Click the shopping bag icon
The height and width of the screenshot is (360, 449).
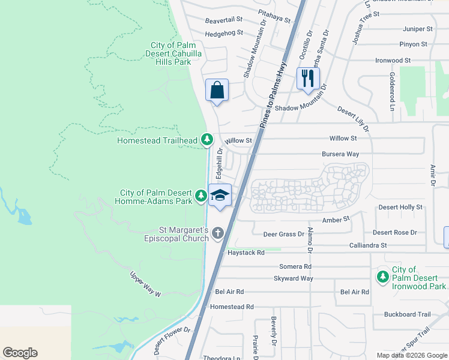click(217, 90)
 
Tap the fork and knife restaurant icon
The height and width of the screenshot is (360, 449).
click(307, 79)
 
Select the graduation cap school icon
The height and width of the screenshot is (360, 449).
click(220, 196)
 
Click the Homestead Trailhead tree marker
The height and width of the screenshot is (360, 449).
click(207, 140)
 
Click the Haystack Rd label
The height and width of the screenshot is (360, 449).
click(246, 253)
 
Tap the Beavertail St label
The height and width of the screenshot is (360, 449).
click(223, 20)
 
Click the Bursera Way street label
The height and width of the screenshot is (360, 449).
click(340, 154)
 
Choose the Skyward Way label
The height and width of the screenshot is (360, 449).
click(294, 278)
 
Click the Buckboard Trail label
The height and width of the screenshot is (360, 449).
click(408, 314)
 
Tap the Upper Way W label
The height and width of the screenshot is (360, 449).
click(146, 284)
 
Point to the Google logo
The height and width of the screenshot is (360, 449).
click(20, 353)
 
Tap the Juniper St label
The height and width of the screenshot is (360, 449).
click(418, 29)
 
